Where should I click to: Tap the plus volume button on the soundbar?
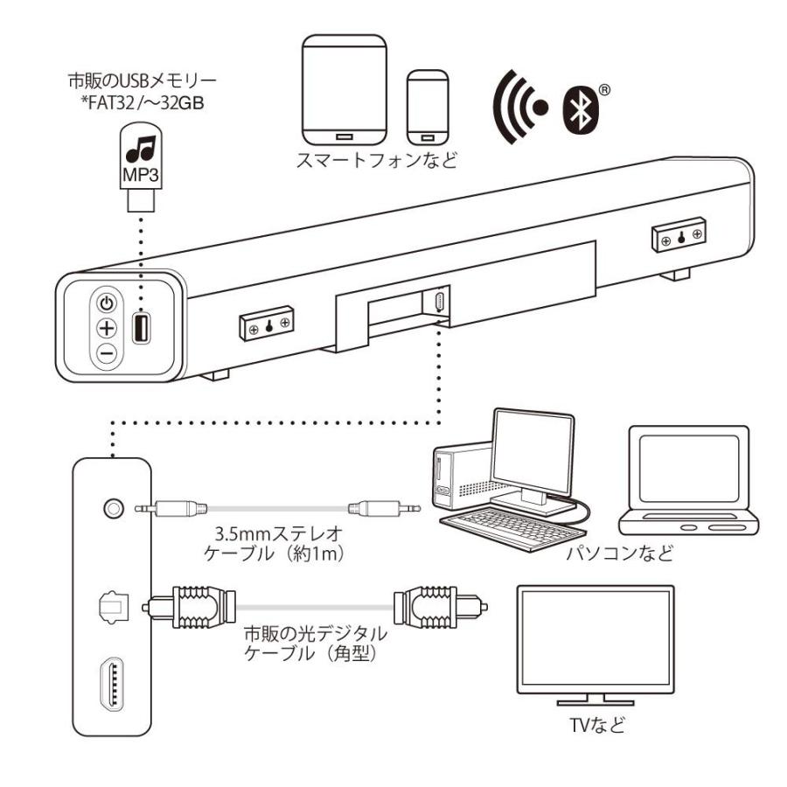click(106, 330)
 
